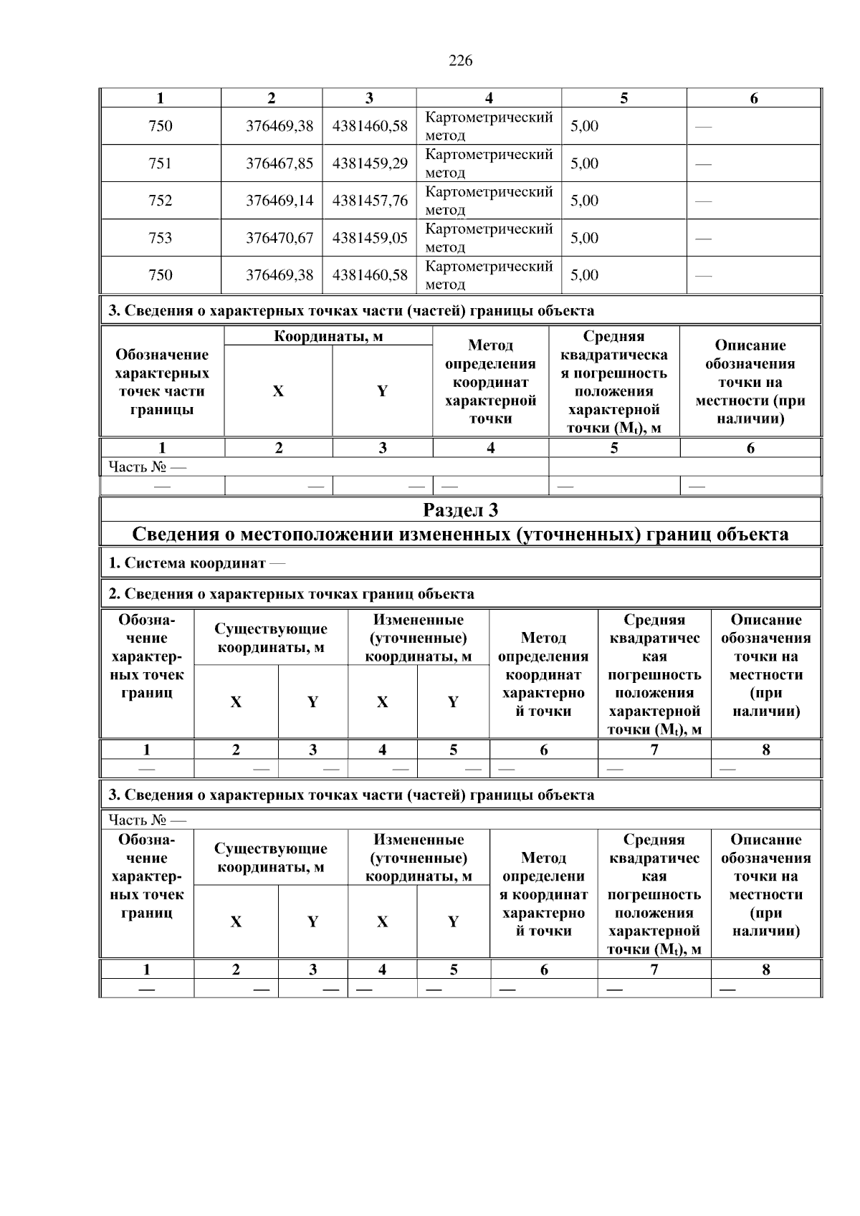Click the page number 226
460,61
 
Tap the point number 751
160,163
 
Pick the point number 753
160,238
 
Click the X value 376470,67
279,238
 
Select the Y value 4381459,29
370,163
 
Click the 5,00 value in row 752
584,201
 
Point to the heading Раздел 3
460,510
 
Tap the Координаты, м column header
328,336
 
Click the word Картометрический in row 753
489,229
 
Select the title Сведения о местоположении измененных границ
460,535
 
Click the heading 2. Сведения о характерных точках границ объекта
291,594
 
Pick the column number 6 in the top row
753,98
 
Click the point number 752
160,201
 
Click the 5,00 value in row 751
584,163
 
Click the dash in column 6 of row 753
704,239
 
